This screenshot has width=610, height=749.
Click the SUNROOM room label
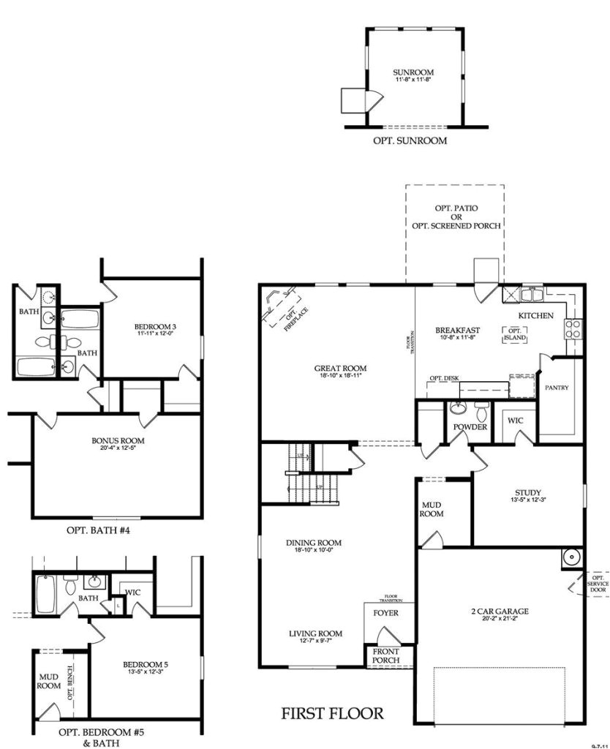[413, 72]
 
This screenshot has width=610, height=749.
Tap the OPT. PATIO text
[456, 208]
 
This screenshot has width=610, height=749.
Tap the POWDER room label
[470, 426]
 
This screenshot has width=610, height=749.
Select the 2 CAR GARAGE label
[500, 611]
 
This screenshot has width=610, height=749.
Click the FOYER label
[385, 612]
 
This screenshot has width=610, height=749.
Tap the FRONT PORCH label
[385, 656]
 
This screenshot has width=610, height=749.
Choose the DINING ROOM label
[314, 543]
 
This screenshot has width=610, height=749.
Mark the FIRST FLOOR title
[332, 713]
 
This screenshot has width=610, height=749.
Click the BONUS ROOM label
[118, 440]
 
